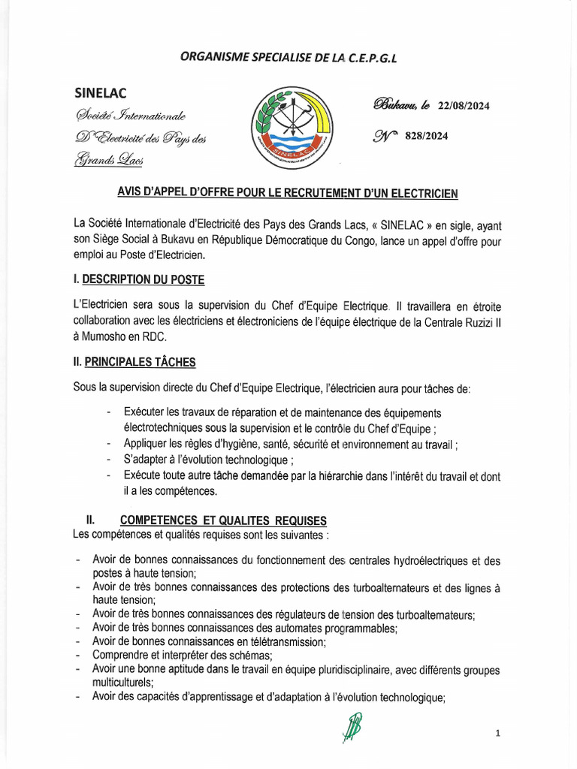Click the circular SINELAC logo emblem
point(290,128)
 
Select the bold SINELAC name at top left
point(101,93)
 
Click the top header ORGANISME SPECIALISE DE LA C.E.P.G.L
point(288,57)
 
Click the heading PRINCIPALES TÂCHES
point(140,362)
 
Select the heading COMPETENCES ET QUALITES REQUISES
point(223,520)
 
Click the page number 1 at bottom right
point(497,733)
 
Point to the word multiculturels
point(122,683)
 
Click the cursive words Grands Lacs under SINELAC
point(109,159)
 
